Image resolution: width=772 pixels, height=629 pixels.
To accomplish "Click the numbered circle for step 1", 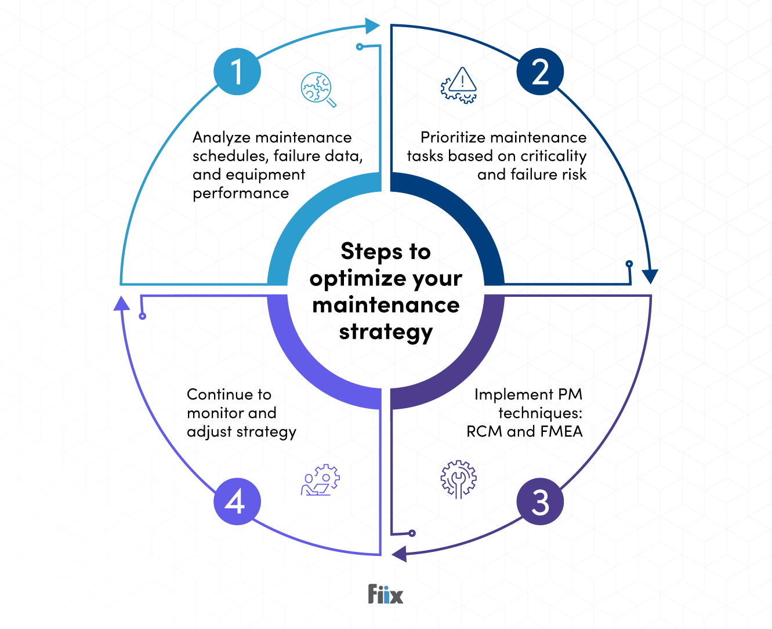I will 237,71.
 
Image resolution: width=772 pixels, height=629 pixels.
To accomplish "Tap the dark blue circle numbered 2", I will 540,71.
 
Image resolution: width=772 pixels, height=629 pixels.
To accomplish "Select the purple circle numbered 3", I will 540,502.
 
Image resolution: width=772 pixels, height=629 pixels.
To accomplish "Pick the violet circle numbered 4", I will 237,502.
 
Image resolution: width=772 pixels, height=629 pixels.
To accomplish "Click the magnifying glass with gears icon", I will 318,89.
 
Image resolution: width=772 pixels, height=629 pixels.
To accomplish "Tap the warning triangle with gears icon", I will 459,86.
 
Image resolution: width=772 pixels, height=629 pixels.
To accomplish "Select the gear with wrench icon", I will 458,479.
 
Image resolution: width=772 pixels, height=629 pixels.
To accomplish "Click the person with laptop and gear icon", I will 320,480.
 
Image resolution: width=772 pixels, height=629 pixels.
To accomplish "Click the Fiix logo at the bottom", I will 386,594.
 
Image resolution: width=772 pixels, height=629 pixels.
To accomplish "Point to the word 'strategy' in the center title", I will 386,332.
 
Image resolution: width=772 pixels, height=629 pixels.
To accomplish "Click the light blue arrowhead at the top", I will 372,26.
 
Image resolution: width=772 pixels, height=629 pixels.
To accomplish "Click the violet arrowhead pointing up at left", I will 121,303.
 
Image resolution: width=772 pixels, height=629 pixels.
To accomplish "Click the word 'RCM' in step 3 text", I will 484,432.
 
